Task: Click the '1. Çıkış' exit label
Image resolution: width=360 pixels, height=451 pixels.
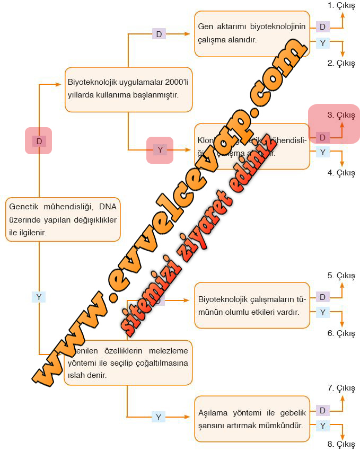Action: [341, 5]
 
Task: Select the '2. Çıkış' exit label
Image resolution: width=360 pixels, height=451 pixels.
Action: [341, 63]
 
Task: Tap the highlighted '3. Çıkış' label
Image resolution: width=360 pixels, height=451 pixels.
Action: [341, 115]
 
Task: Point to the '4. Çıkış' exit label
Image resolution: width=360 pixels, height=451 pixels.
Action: [341, 173]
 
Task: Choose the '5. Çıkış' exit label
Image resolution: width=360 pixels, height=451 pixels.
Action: [341, 276]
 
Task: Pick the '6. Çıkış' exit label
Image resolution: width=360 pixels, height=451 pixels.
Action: [341, 333]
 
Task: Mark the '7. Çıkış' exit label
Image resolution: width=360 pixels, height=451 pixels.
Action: [341, 388]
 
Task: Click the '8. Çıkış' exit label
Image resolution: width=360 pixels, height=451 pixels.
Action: [341, 444]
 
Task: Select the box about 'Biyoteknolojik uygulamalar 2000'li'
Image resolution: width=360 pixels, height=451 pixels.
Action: [128, 89]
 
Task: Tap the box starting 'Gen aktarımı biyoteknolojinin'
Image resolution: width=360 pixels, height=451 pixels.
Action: [252, 33]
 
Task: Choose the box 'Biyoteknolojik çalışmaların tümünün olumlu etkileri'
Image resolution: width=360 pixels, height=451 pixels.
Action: [252, 306]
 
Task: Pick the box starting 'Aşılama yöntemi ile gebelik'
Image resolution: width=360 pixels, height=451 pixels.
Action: [252, 419]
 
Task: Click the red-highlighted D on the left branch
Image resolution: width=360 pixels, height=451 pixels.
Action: [39, 141]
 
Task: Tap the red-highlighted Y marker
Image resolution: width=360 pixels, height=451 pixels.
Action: [160, 150]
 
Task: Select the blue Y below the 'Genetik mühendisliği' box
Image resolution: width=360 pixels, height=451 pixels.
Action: [39, 297]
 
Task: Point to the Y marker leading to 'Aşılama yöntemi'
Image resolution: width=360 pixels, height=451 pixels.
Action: [158, 417]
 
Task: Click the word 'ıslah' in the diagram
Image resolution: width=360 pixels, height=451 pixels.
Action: [73, 375]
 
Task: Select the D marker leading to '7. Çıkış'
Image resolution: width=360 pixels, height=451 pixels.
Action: [322, 410]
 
